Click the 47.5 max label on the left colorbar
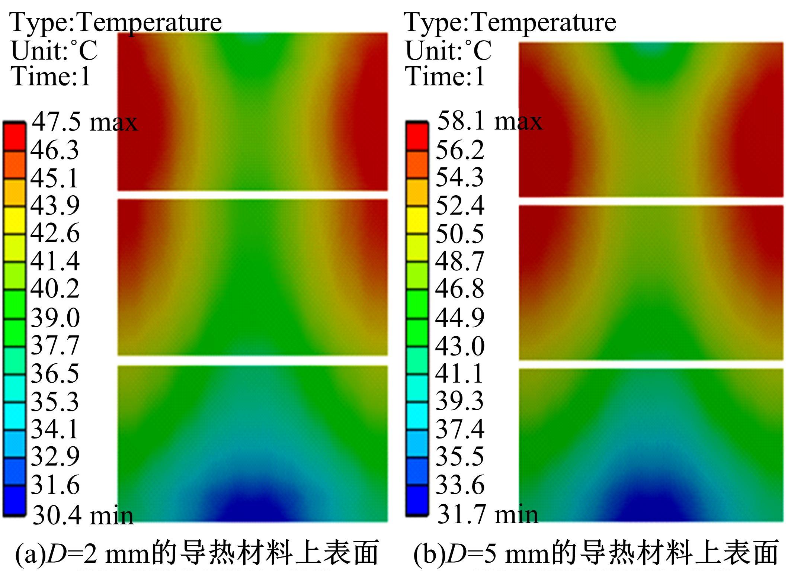coord(84,122)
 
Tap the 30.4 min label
coord(83,515)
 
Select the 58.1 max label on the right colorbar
coord(489,121)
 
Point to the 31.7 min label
coord(487,514)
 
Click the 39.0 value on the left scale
coord(55,318)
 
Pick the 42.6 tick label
coord(55,233)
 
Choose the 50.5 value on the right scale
coord(460,234)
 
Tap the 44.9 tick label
coord(460,318)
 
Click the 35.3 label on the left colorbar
coord(55,402)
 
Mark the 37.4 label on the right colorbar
coord(460,429)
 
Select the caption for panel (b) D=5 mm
coord(595,553)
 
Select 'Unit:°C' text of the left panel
coord(54,51)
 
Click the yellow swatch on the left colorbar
coord(15,221)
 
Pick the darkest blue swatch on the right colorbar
coord(417,499)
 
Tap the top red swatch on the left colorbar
coord(15,137)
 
